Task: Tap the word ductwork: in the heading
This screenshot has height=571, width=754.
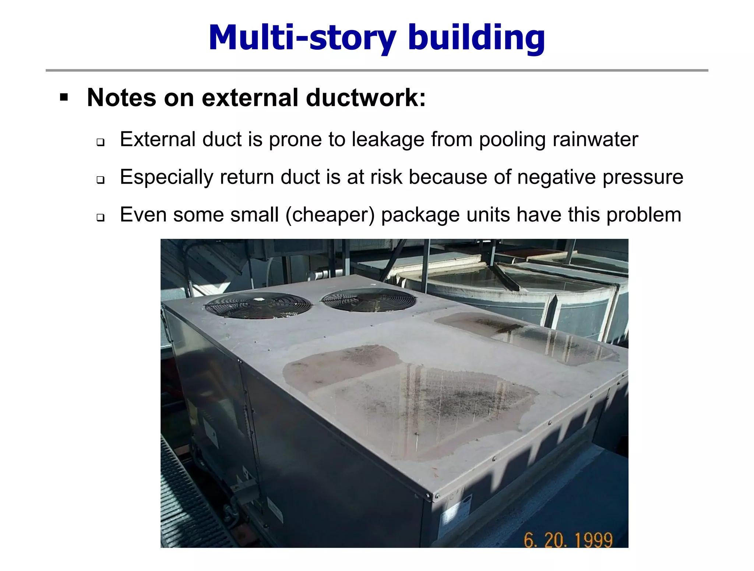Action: [366, 98]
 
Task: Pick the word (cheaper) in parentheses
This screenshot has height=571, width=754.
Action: [330, 215]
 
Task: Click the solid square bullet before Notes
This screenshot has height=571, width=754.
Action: [64, 98]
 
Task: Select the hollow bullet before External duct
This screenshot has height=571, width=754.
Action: [101, 142]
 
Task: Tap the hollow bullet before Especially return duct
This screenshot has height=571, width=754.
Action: [101, 180]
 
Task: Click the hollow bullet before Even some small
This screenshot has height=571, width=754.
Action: [101, 218]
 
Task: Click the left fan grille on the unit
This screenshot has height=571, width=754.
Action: [258, 305]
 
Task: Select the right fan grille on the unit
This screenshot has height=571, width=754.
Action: [369, 299]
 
